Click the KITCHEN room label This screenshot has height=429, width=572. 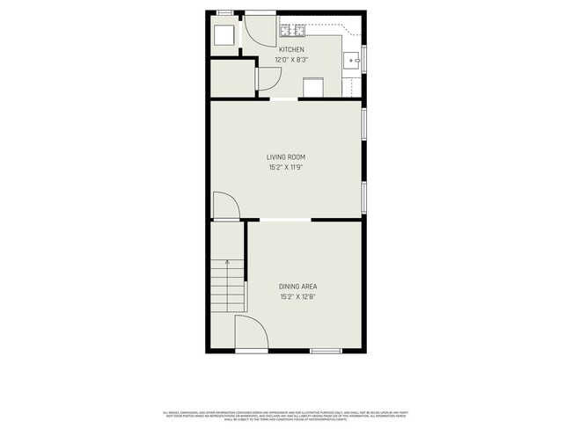(291, 50)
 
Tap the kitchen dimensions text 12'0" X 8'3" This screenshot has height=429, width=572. (291, 60)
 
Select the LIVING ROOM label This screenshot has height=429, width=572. (286, 157)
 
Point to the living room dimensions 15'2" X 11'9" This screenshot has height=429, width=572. (286, 167)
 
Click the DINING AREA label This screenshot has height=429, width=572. (297, 287)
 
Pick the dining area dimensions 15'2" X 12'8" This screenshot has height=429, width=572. (297, 296)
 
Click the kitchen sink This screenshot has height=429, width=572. (351, 61)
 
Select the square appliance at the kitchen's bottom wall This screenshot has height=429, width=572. (312, 87)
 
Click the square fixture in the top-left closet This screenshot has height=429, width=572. (224, 34)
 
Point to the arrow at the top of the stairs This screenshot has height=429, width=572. (227, 262)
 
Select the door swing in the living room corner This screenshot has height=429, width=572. (225, 206)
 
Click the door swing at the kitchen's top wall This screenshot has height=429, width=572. (260, 30)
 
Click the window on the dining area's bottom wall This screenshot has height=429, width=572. (326, 352)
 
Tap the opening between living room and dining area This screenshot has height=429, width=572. (284, 219)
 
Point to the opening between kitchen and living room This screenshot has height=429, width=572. (283, 100)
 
